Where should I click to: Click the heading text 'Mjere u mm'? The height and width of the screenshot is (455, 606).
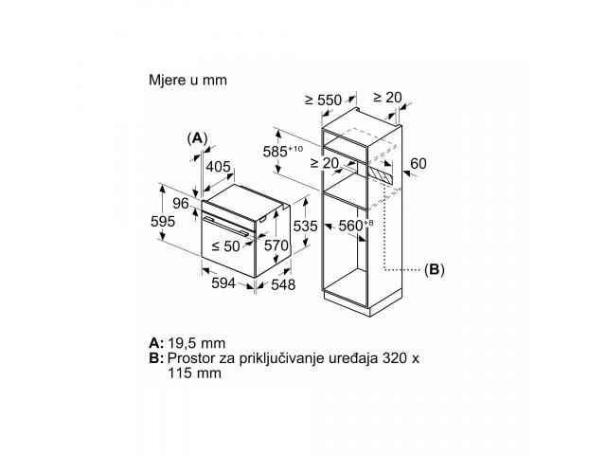point(187,80)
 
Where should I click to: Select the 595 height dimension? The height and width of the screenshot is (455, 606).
point(163,221)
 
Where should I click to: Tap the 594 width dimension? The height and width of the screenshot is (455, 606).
point(223,283)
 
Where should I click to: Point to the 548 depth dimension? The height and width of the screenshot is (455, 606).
point(283,284)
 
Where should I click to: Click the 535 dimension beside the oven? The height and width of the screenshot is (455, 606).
point(305,226)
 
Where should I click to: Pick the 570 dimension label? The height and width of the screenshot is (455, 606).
point(276,246)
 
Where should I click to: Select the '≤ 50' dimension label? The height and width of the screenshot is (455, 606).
point(225,246)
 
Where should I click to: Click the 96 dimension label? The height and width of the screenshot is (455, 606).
point(181,204)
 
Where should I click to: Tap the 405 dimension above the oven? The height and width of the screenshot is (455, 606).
point(218,167)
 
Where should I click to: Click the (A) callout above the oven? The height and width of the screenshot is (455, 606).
point(197,138)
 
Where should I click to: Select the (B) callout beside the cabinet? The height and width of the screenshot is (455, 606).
point(434,269)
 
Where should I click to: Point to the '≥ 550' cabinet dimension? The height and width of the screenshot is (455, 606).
point(324,100)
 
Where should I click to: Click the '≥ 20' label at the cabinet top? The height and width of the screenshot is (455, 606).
point(387,97)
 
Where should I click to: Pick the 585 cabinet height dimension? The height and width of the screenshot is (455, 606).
point(283,151)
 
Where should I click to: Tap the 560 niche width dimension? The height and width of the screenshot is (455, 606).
point(356,226)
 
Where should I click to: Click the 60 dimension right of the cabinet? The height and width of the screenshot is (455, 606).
point(419,164)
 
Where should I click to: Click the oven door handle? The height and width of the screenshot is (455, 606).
point(226,227)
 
